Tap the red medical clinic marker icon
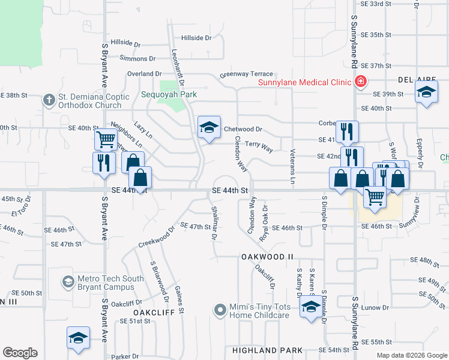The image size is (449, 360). (x=361, y=82)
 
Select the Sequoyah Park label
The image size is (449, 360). (x=169, y=94)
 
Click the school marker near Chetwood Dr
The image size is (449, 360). (x=209, y=128)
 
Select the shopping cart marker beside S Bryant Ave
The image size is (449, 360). (x=106, y=139)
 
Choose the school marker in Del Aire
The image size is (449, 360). (x=426, y=93)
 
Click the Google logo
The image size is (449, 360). (x=20, y=353)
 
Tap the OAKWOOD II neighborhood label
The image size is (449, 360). (x=267, y=257)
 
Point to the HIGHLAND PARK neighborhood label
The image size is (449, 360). (x=264, y=350)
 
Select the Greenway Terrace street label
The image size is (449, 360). (x=246, y=74)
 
